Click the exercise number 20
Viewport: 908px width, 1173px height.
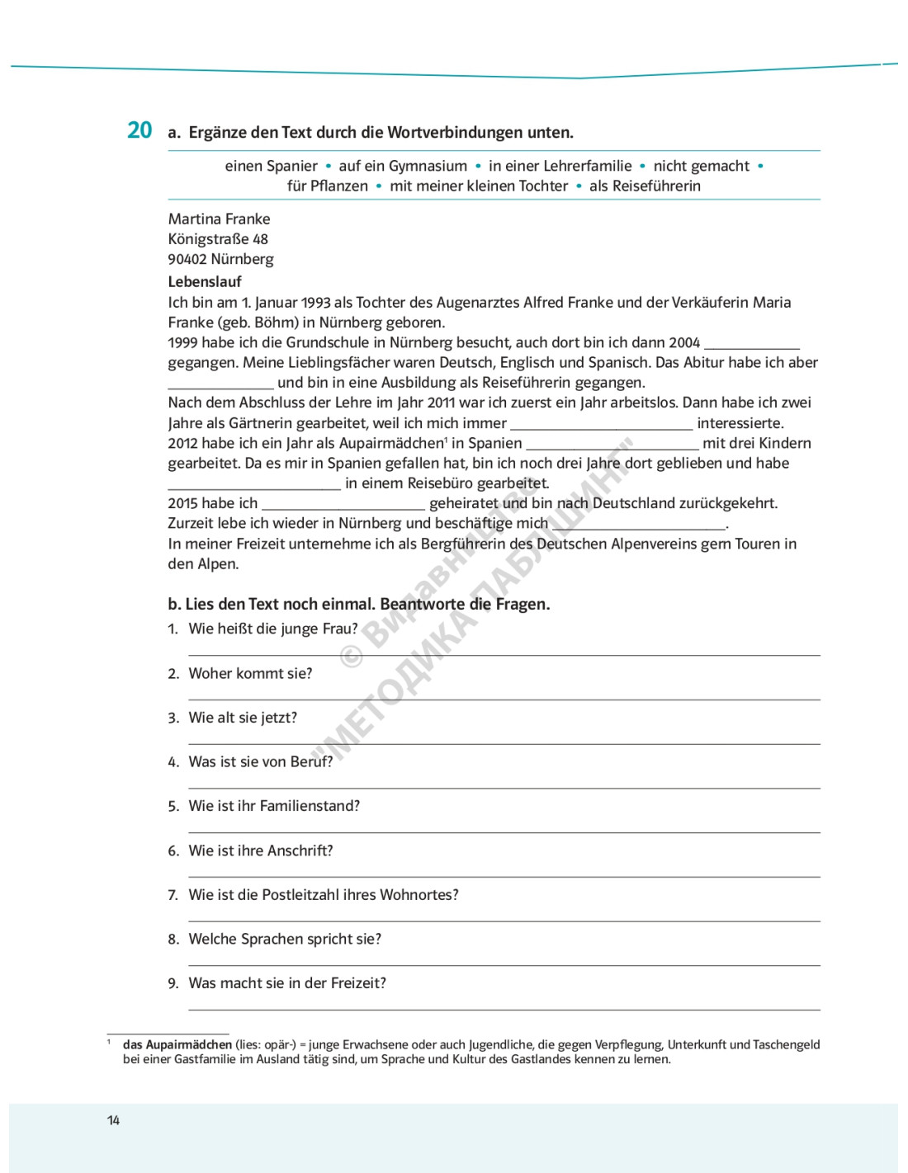(140, 130)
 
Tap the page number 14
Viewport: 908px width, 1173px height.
(113, 1120)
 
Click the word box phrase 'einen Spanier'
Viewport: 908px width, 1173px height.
(271, 166)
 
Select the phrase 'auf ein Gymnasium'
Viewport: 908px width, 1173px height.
(403, 166)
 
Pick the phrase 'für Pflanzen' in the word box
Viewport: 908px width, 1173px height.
(328, 186)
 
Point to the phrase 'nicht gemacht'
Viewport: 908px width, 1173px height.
(701, 166)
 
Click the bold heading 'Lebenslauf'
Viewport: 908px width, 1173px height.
(205, 281)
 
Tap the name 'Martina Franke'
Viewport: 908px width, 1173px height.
(219, 219)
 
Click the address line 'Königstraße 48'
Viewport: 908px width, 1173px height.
(218, 239)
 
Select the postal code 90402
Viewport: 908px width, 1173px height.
(187, 259)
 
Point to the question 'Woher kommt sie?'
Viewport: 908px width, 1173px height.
(250, 673)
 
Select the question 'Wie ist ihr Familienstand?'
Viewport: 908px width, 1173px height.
(274, 806)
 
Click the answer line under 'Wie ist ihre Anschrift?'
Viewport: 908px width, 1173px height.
(504, 876)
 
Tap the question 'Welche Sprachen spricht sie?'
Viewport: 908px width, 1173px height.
(285, 939)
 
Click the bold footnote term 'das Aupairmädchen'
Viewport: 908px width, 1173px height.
(177, 1044)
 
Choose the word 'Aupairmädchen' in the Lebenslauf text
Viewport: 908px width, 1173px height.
(391, 443)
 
